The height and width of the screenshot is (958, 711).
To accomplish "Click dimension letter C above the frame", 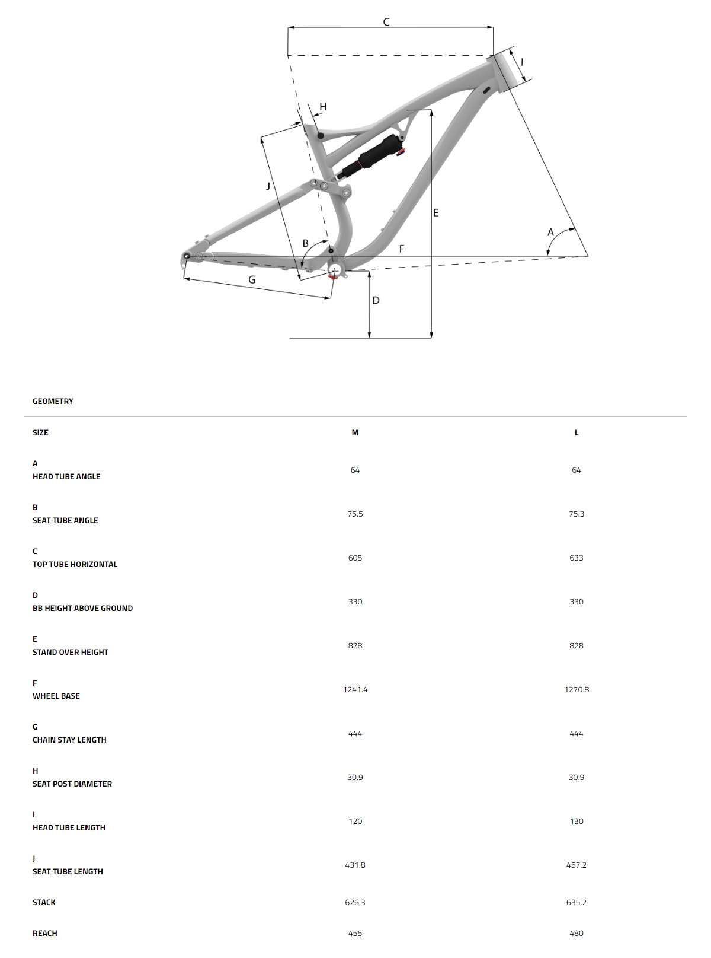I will pyautogui.click(x=386, y=23).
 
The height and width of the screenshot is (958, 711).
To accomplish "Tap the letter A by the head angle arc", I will pyautogui.click(x=550, y=232).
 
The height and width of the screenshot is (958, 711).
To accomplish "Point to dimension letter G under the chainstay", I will pyautogui.click(x=252, y=279).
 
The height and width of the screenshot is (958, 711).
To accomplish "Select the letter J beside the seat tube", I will pyautogui.click(x=268, y=186).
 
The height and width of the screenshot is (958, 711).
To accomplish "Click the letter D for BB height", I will pyautogui.click(x=376, y=301).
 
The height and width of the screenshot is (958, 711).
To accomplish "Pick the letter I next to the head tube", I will pyautogui.click(x=522, y=62).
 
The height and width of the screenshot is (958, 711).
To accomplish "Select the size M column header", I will pyautogui.click(x=355, y=433).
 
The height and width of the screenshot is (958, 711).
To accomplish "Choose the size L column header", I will pyautogui.click(x=577, y=433).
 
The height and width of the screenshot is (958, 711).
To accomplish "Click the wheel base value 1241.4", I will pyautogui.click(x=355, y=690).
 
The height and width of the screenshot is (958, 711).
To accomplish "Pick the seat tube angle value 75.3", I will pyautogui.click(x=577, y=514).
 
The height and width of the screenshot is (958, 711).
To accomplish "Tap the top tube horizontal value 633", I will pyautogui.click(x=577, y=558).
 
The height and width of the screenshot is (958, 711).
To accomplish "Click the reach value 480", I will pyautogui.click(x=577, y=934).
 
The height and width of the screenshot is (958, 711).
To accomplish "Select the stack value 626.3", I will pyautogui.click(x=355, y=903).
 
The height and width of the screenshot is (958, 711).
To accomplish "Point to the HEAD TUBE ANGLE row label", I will pyautogui.click(x=66, y=477).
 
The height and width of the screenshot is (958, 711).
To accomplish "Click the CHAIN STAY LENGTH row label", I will pyautogui.click(x=69, y=740).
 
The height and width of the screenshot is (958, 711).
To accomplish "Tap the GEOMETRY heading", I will pyautogui.click(x=53, y=402).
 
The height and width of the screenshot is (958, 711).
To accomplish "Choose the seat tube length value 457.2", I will pyautogui.click(x=577, y=865).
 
